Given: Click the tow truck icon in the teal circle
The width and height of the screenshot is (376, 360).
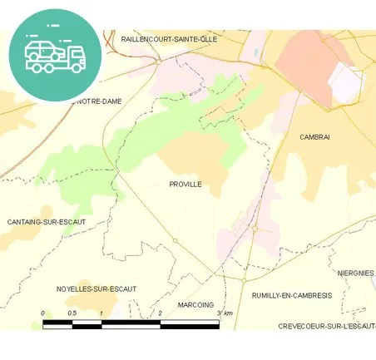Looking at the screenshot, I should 55,55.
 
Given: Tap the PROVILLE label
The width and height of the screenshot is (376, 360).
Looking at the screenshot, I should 185,184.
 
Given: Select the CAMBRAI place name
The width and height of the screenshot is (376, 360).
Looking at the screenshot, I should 314,136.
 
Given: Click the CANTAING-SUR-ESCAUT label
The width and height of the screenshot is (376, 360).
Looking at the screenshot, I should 47,222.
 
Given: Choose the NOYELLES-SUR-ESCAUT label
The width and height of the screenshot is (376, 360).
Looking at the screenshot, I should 96,288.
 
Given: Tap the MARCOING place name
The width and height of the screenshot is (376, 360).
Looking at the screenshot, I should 196,304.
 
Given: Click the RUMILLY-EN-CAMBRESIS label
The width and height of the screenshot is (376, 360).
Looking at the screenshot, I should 291,295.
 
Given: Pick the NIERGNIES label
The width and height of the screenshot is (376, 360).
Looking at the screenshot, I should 356,273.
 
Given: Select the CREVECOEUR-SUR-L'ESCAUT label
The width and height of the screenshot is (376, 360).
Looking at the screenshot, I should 327,326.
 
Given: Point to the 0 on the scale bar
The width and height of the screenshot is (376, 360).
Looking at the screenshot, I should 42,313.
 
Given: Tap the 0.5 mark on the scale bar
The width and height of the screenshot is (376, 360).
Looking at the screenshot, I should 72,313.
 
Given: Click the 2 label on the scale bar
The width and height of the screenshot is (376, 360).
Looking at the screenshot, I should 160,313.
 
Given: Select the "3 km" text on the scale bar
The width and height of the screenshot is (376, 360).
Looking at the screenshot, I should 225,313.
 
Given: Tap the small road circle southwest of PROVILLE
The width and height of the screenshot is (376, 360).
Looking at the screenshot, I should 175,241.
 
